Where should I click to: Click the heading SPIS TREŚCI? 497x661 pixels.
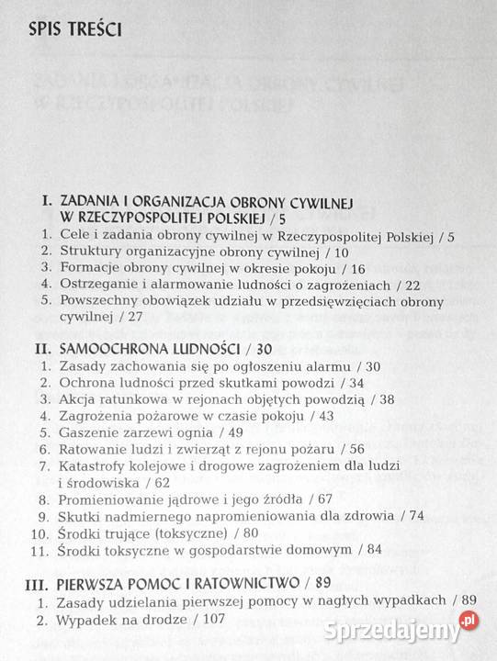point(65,28)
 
